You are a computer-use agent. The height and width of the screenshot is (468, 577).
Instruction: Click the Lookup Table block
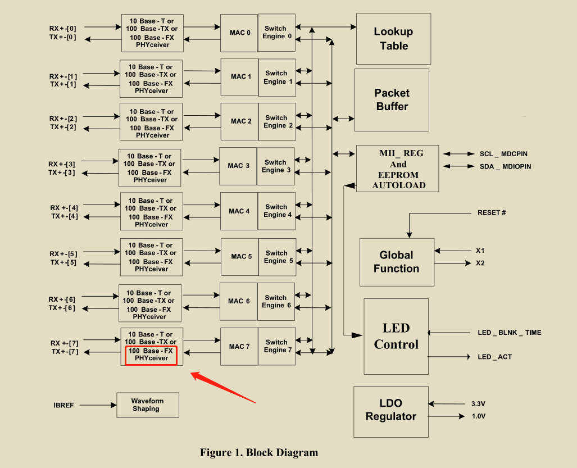tap(393, 39)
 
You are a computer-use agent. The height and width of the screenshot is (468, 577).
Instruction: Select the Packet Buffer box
tap(392, 99)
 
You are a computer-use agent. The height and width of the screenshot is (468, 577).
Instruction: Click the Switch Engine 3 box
tap(276, 166)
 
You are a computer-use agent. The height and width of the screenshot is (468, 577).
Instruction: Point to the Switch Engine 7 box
tap(276, 346)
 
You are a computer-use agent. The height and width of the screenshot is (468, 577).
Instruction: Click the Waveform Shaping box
tap(148, 405)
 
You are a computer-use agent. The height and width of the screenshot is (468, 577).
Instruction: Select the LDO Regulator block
tap(390, 410)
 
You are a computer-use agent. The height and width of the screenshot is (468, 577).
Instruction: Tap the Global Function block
tap(397, 262)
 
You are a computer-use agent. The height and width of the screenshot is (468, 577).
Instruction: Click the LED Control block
tap(396, 336)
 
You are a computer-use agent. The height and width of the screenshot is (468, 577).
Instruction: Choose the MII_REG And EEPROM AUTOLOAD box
tap(398, 169)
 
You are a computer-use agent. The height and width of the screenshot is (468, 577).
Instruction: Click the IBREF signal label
tap(63, 405)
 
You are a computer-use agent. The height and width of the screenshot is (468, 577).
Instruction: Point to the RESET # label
tap(492, 213)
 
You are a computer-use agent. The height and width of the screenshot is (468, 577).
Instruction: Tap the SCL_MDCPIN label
tap(503, 154)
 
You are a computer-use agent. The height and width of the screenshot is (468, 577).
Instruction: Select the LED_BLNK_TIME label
tap(509, 333)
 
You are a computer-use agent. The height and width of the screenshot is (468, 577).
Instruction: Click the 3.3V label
tap(479, 403)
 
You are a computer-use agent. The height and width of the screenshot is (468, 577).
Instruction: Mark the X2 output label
tap(480, 263)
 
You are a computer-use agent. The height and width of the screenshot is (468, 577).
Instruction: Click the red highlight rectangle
tap(151, 355)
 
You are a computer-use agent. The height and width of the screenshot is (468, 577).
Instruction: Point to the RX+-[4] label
tap(64, 208)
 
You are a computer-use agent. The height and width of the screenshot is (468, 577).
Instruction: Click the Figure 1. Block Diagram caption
tap(259, 453)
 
